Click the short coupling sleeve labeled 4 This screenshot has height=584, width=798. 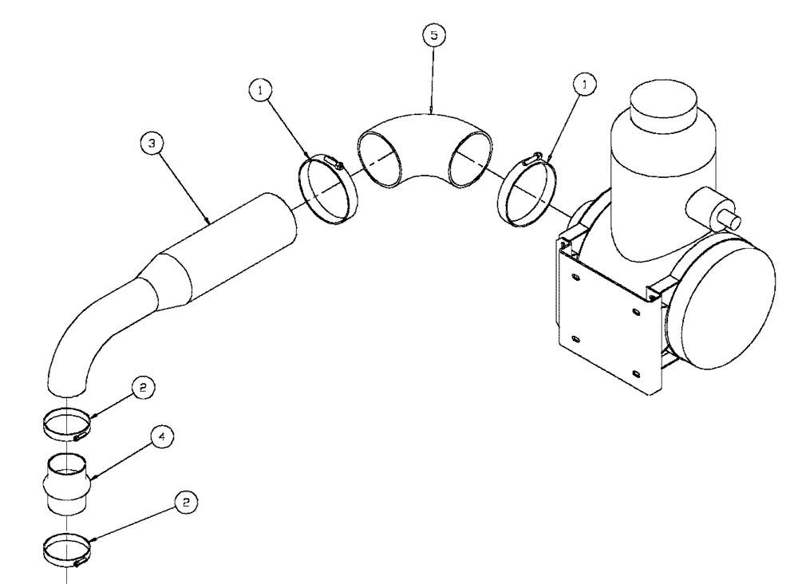67,483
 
